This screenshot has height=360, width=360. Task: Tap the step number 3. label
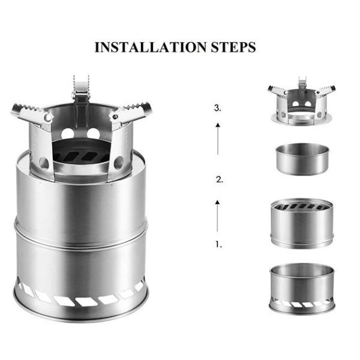click(218, 109)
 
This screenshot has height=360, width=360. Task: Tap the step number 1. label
click(218, 244)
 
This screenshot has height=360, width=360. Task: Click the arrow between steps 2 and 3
click(218, 137)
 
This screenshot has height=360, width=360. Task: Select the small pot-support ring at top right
click(301, 105)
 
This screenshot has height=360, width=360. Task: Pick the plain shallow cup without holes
click(301, 158)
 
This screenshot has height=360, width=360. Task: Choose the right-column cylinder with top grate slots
click(301, 222)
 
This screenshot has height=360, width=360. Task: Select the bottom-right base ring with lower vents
click(301, 288)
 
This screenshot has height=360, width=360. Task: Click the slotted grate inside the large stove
click(81, 155)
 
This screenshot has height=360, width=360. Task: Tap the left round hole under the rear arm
click(67, 133)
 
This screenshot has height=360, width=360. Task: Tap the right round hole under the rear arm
click(95, 133)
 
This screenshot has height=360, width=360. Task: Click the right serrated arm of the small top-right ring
click(325, 92)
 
